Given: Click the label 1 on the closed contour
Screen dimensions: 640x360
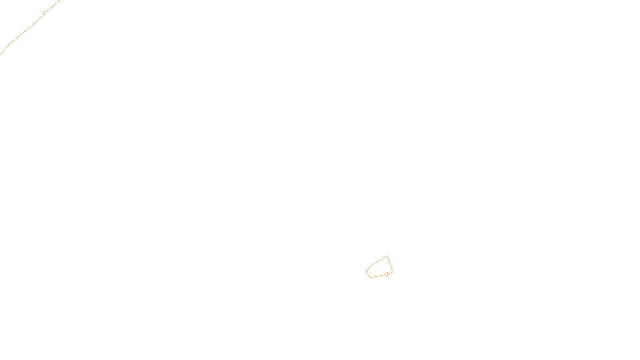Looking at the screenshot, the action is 387,274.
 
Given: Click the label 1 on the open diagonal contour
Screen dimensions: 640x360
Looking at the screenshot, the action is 44,13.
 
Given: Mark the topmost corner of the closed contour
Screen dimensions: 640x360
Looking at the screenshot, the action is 387,256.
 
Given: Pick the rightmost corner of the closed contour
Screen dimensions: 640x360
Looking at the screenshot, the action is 392,272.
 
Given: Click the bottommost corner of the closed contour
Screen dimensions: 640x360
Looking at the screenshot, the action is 370,278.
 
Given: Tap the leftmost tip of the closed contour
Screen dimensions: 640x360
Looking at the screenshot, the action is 366,272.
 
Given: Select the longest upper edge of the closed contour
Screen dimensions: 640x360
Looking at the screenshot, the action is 379,261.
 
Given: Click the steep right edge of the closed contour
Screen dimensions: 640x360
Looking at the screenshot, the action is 390,264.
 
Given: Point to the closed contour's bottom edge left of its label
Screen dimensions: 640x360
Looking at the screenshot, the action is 377,276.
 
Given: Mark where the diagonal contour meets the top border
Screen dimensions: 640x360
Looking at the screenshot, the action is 59,0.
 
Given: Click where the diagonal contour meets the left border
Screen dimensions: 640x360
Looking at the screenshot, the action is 0,54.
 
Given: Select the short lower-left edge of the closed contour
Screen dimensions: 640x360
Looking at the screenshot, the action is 368,275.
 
